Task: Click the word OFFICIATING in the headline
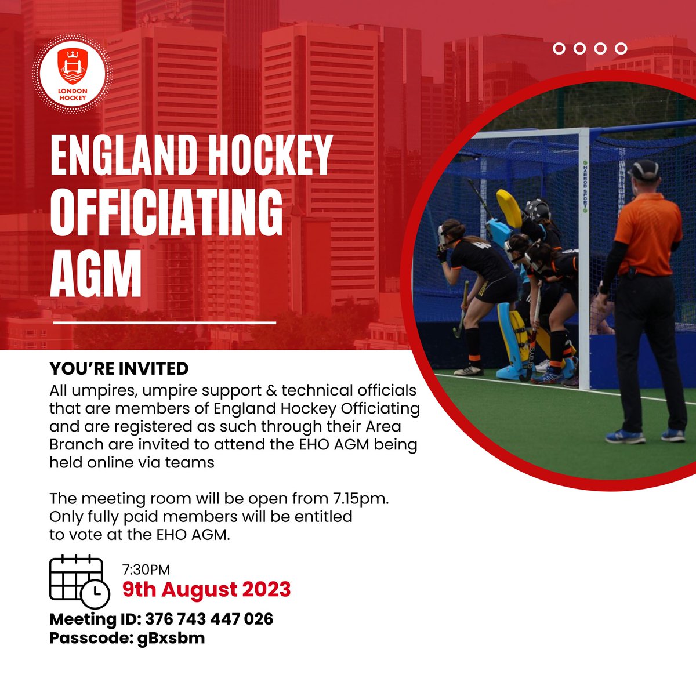click(166, 215)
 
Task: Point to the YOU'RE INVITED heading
click(119, 369)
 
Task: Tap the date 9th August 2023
click(206, 589)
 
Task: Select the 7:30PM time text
click(146, 570)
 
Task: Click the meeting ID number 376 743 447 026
click(209, 619)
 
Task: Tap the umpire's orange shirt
click(648, 232)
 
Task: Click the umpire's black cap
click(644, 169)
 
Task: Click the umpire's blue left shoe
click(624, 436)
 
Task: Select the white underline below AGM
click(165, 322)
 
